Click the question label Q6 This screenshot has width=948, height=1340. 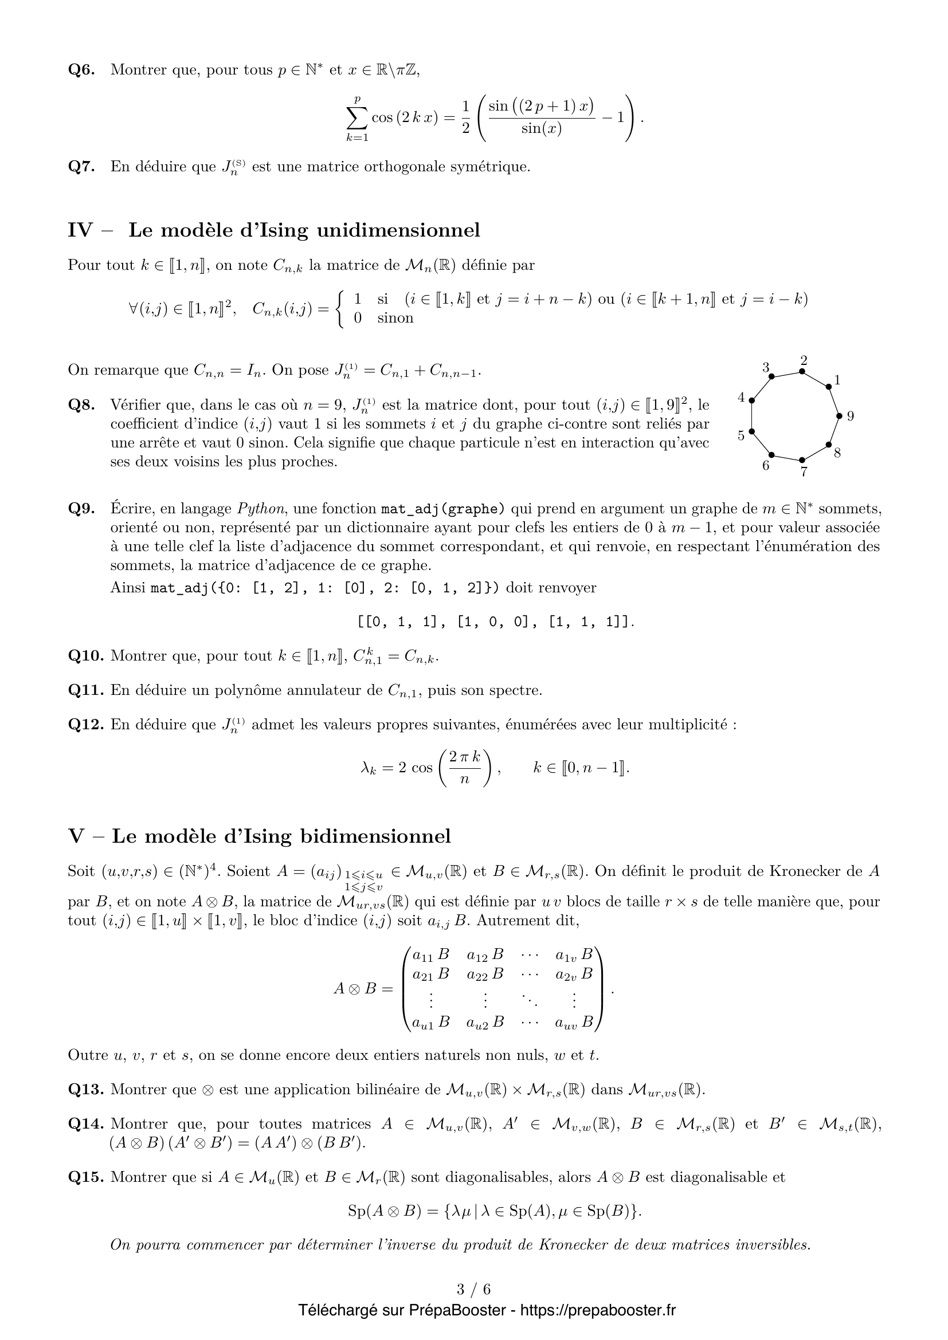click(x=81, y=70)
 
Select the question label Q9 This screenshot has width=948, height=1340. click(x=81, y=509)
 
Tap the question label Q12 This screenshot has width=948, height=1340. click(x=86, y=724)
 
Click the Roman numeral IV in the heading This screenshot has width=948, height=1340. click(x=80, y=230)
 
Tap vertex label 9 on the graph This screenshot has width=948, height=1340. click(x=850, y=416)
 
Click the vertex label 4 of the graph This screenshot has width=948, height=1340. click(x=741, y=398)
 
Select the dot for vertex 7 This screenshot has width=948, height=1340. click(x=802, y=461)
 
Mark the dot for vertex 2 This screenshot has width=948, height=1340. click(x=802, y=371)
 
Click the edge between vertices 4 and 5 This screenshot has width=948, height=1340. click(x=752, y=416)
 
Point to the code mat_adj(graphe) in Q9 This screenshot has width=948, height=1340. click(x=442, y=509)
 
